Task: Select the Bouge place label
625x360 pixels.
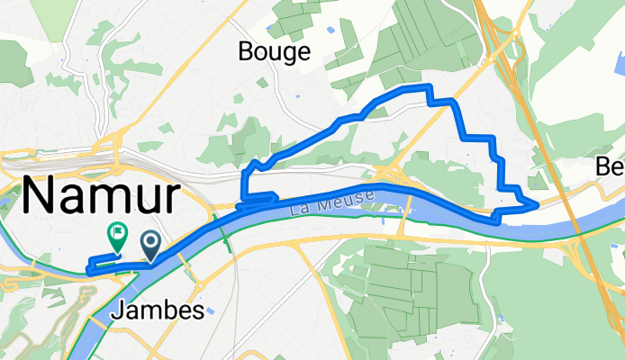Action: [x=274, y=52]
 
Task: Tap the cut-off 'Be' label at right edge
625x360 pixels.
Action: [x=611, y=167]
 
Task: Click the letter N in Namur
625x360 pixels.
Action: [x=39, y=195]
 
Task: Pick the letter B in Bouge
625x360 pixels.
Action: [x=246, y=52]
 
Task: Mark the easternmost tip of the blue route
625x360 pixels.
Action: [x=538, y=205]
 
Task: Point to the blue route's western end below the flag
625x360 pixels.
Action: [x=88, y=266]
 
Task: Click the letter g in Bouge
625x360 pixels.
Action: [x=291, y=54]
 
